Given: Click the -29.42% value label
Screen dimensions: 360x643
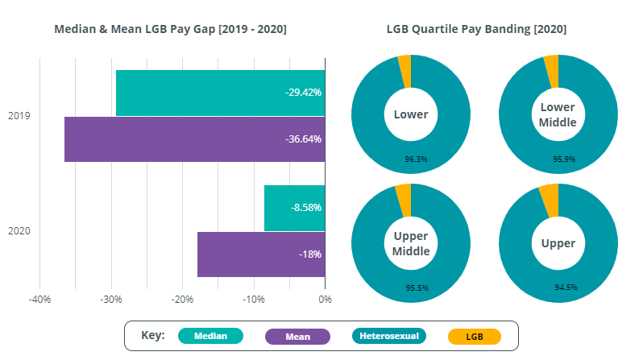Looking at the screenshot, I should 303,93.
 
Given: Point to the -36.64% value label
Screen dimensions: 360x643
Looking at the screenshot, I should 303,139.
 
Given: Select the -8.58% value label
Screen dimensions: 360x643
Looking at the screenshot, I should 306,208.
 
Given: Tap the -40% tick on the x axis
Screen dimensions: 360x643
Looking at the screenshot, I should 39,300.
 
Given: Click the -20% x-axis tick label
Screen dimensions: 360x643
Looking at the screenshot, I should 182,300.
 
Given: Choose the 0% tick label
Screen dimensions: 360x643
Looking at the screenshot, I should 325,300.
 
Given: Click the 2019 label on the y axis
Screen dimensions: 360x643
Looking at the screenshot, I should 19,116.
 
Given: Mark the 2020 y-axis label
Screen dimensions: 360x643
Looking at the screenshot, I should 19,231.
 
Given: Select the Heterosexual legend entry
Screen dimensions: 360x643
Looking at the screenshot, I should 389,336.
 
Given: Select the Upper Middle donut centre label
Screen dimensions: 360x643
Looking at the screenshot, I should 411,242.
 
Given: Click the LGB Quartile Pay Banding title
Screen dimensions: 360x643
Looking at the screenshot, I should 476,29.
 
